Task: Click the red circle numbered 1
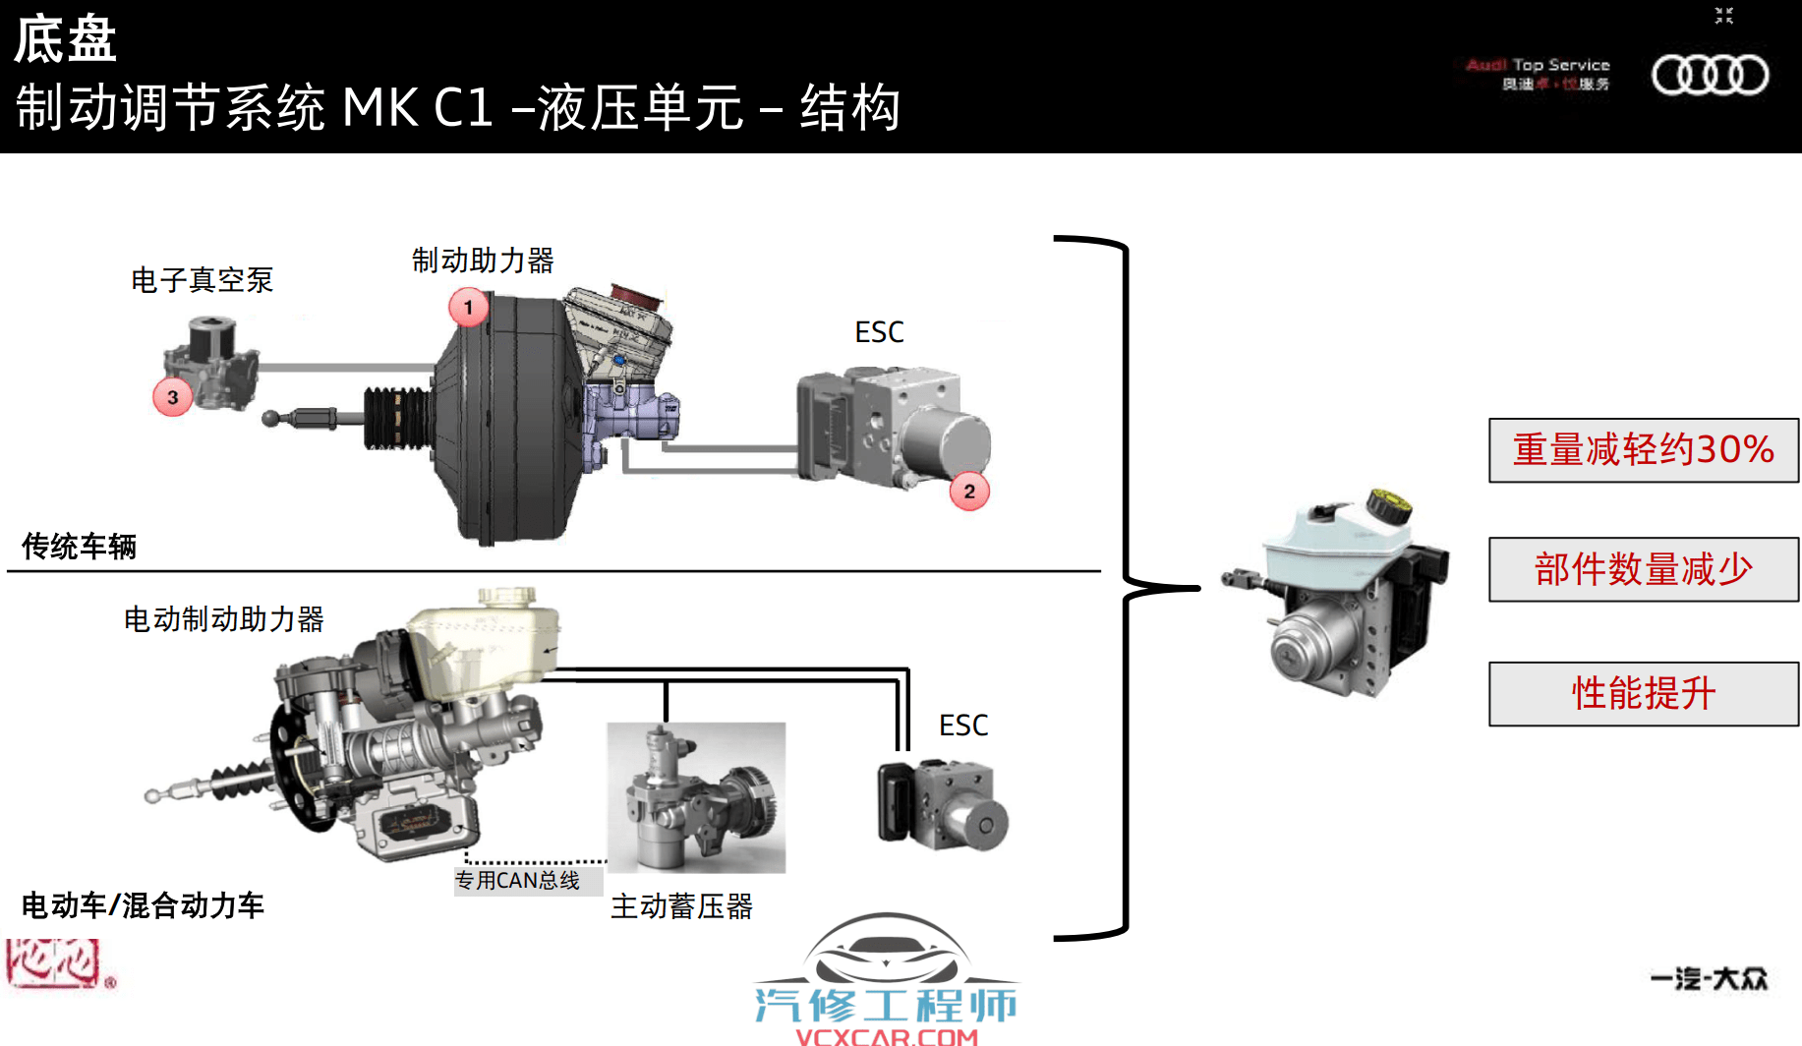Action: [469, 308]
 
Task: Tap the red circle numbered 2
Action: [969, 492]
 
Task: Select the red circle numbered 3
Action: [173, 398]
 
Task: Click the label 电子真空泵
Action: [202, 281]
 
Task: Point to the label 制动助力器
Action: [483, 261]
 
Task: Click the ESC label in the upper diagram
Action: [879, 333]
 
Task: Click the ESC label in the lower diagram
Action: [963, 726]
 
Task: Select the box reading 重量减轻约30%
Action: [1643, 450]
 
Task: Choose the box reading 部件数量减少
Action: [1643, 569]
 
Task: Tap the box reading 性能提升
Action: [1643, 694]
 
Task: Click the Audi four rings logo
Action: [1710, 76]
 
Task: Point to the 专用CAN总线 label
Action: [517, 881]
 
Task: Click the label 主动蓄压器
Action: [681, 906]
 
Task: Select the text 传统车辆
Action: [79, 547]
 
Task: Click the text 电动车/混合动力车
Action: [143, 905]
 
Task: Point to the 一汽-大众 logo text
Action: [1709, 979]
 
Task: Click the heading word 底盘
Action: [65, 40]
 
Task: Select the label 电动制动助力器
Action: [223, 620]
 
